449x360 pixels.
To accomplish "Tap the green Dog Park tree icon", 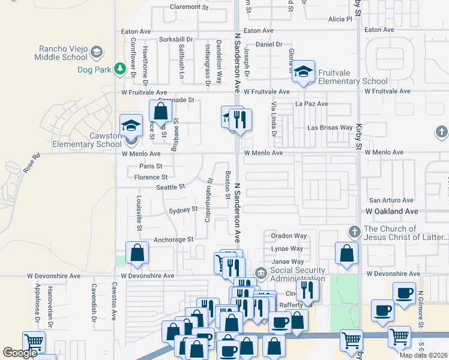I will (120, 70).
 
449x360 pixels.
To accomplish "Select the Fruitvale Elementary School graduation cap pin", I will (304, 72).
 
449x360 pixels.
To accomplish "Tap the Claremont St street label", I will (188, 7).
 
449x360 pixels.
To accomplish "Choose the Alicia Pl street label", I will (340, 19).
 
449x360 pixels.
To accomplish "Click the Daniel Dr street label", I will (269, 44).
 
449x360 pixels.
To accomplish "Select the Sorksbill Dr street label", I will (176, 40).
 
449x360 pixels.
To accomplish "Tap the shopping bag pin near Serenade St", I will (160, 111).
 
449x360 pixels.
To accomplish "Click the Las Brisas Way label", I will (330, 128).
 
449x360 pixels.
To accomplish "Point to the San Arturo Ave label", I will (391, 200).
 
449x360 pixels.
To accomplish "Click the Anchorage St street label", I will (173, 239).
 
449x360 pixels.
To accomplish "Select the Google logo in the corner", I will (20, 353).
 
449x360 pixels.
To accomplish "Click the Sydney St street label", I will (183, 209).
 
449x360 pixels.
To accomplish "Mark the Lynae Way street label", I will (287, 248).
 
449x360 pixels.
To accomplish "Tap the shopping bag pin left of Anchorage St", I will (137, 253).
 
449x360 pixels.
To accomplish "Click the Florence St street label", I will (151, 177).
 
